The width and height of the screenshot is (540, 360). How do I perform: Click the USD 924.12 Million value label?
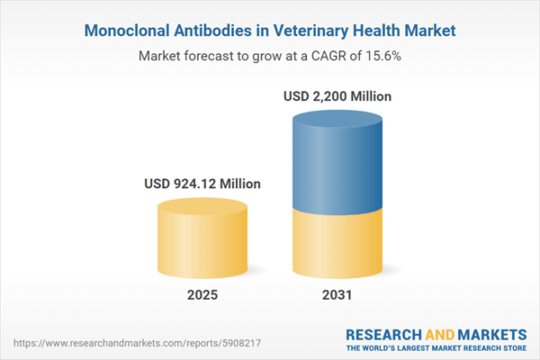tap(202, 184)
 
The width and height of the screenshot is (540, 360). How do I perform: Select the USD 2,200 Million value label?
tap(338, 95)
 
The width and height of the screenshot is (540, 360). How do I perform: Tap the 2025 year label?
tap(202, 296)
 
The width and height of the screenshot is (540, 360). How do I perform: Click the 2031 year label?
tap(338, 296)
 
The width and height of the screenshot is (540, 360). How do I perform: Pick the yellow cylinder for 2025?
tap(202, 243)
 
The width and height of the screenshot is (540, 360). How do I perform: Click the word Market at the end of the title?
tap(428, 31)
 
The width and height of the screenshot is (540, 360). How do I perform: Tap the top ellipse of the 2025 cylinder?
tap(202, 208)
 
